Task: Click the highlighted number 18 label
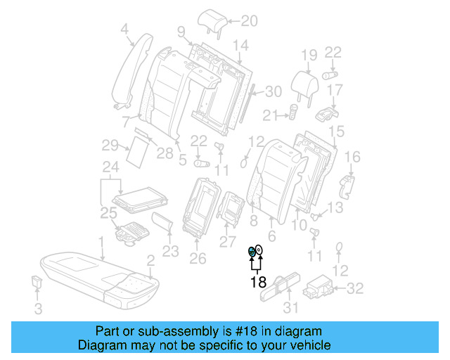tap(258, 282)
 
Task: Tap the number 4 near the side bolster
tap(125, 30)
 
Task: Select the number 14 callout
tap(240, 46)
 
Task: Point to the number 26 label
tap(198, 258)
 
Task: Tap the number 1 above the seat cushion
tap(102, 243)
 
